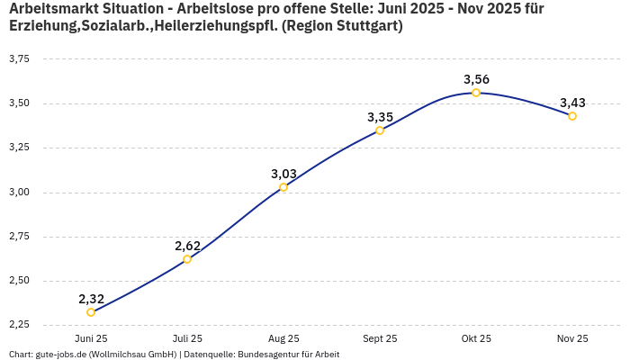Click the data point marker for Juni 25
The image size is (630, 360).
91,312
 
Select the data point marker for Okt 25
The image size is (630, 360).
476,93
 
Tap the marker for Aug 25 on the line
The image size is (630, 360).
283,187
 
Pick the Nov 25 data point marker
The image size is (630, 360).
572,116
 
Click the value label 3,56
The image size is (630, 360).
476,79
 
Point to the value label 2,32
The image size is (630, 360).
91,299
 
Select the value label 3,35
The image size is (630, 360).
380,117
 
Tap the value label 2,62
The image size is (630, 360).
187,246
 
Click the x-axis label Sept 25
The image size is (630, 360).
380,338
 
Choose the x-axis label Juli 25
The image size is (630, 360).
187,338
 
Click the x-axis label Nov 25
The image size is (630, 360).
572,338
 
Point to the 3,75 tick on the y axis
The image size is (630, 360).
19,58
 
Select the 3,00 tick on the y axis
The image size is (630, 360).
19,192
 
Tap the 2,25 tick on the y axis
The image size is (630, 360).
19,325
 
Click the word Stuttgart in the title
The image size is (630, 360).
365,26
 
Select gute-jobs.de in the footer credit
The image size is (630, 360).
62,355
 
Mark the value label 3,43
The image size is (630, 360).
572,103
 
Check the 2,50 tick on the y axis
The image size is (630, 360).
19,281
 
